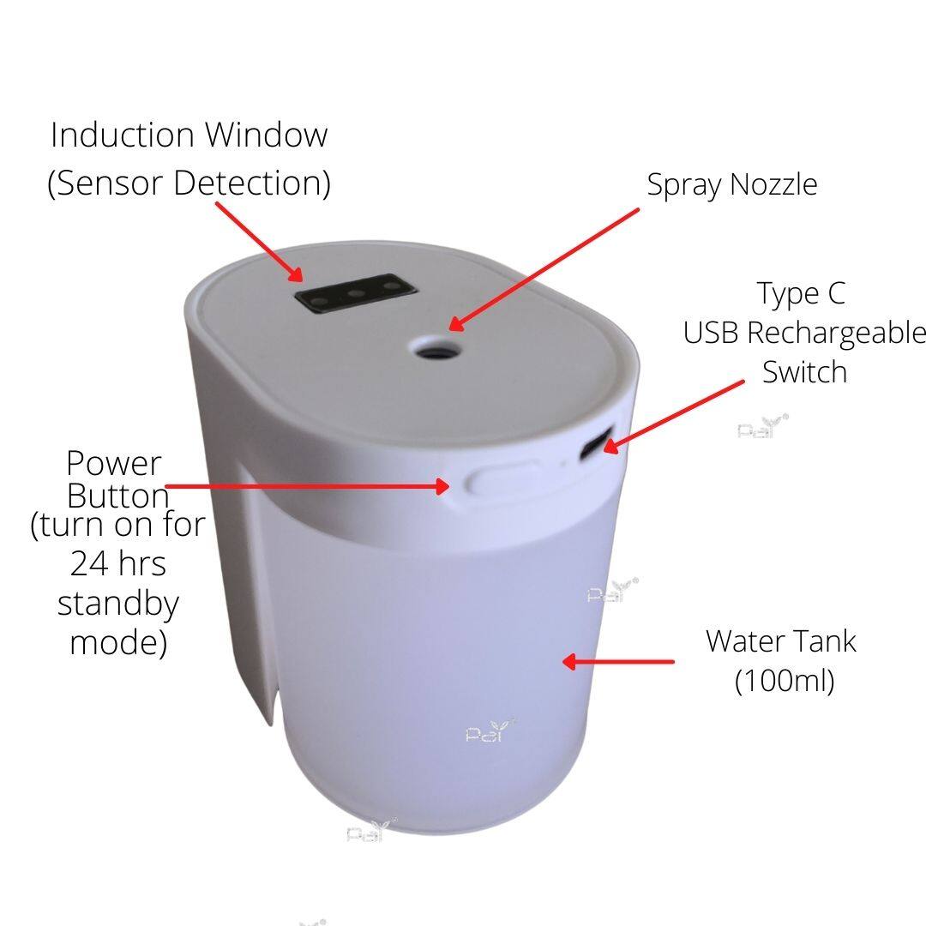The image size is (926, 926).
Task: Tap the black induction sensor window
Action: [x=356, y=293]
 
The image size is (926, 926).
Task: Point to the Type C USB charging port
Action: [x=595, y=443]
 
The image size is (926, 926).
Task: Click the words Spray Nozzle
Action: [x=731, y=185]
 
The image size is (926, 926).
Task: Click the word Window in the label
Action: [x=266, y=135]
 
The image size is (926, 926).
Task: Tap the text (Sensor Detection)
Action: [x=189, y=183]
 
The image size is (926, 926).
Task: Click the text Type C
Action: [x=802, y=294]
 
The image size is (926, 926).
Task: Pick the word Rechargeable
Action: [x=836, y=334]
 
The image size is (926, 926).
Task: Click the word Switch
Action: [x=804, y=372]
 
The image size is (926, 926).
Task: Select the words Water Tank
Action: [x=781, y=641]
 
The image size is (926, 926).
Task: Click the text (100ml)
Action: [x=785, y=681]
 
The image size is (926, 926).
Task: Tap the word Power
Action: [x=113, y=464]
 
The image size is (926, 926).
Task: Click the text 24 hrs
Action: [x=118, y=563]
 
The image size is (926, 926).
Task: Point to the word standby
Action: [x=118, y=604]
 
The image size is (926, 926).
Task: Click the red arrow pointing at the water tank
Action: [x=617, y=661]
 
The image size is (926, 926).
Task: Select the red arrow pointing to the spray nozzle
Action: [x=544, y=269]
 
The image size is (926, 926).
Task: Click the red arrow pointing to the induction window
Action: [x=259, y=242]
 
